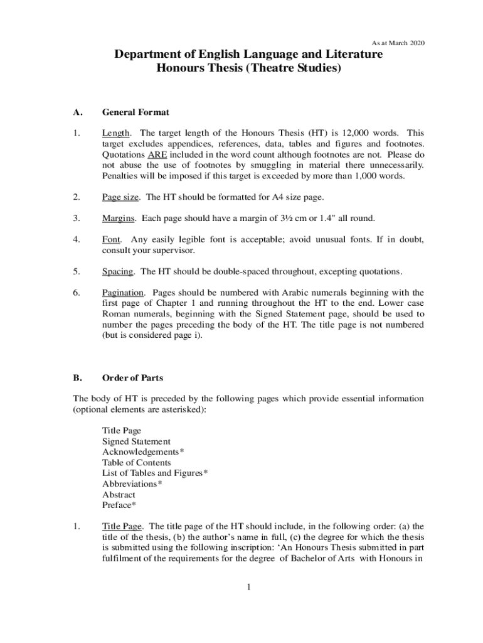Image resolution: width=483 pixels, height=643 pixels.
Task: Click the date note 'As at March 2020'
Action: [x=398, y=43]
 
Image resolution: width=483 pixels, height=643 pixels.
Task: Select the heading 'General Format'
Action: [x=135, y=112]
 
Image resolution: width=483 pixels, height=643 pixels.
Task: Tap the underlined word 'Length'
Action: [x=116, y=133]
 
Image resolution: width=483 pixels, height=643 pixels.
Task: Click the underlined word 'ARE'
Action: [x=157, y=154]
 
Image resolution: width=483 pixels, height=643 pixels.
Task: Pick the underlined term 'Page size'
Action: [x=120, y=197]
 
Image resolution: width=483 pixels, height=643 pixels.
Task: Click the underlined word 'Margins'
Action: [x=119, y=219]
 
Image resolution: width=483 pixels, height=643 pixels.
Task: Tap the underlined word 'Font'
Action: [x=111, y=240]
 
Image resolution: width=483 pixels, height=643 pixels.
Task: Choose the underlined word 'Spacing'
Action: [x=118, y=271]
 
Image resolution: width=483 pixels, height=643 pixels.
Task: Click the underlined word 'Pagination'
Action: [x=124, y=293]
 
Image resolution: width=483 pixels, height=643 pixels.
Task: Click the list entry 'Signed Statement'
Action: [x=136, y=441]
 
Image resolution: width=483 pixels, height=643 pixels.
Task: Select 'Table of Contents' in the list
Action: [x=137, y=463]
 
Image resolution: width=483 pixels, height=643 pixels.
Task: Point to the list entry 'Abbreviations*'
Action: [x=132, y=484]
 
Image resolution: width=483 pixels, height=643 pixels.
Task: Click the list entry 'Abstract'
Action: [x=119, y=494]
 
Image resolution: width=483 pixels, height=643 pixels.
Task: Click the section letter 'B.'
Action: [x=78, y=378]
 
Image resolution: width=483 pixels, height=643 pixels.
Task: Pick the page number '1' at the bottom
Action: [x=248, y=587]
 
